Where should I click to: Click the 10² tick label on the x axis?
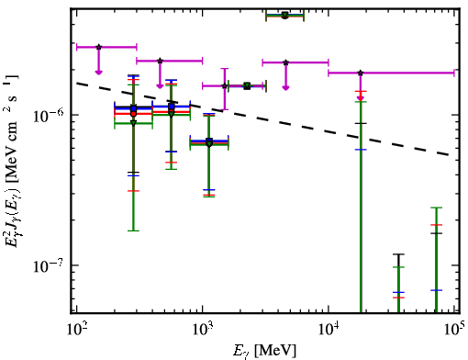(76, 329)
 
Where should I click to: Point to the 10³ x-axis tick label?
(202, 329)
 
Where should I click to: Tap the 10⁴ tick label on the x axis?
(329, 329)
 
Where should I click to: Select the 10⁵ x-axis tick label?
(455, 329)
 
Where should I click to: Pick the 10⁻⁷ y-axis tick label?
(48, 265)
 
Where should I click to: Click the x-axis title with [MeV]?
(264, 350)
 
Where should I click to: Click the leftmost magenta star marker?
(98, 47)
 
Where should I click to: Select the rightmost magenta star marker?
(361, 73)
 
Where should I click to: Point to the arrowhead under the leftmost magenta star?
(98, 72)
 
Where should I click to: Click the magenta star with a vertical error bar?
(225, 85)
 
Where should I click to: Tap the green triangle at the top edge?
(285, 15)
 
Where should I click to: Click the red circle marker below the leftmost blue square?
(133, 114)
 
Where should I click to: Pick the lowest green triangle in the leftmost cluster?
(133, 123)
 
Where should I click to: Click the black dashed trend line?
(262, 119)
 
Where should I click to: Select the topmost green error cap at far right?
(436, 208)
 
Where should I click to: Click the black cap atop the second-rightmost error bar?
(398, 254)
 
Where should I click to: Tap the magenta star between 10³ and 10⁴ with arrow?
(285, 62)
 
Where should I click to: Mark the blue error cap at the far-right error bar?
(436, 290)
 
